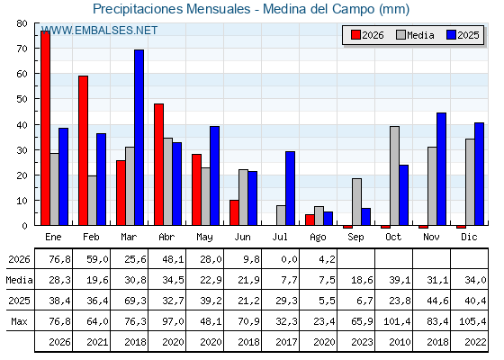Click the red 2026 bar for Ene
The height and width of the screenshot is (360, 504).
45,128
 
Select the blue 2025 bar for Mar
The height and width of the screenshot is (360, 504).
139,138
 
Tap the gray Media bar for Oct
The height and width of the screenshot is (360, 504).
394,175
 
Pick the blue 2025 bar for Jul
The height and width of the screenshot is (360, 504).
290,188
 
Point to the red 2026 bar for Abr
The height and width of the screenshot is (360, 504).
158,165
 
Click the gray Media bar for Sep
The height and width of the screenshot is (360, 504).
356,202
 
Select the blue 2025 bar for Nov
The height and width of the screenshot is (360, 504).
441,169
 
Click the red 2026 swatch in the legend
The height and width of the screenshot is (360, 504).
355,35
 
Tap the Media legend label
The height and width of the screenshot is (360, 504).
420,35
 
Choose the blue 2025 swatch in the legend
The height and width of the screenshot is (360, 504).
451,35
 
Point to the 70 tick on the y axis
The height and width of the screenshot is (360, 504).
22,49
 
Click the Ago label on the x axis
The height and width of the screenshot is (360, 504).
318,238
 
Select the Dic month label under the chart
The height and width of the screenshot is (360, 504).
469,237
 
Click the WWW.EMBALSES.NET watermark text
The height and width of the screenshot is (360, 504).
99,31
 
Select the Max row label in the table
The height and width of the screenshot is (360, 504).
19,321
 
